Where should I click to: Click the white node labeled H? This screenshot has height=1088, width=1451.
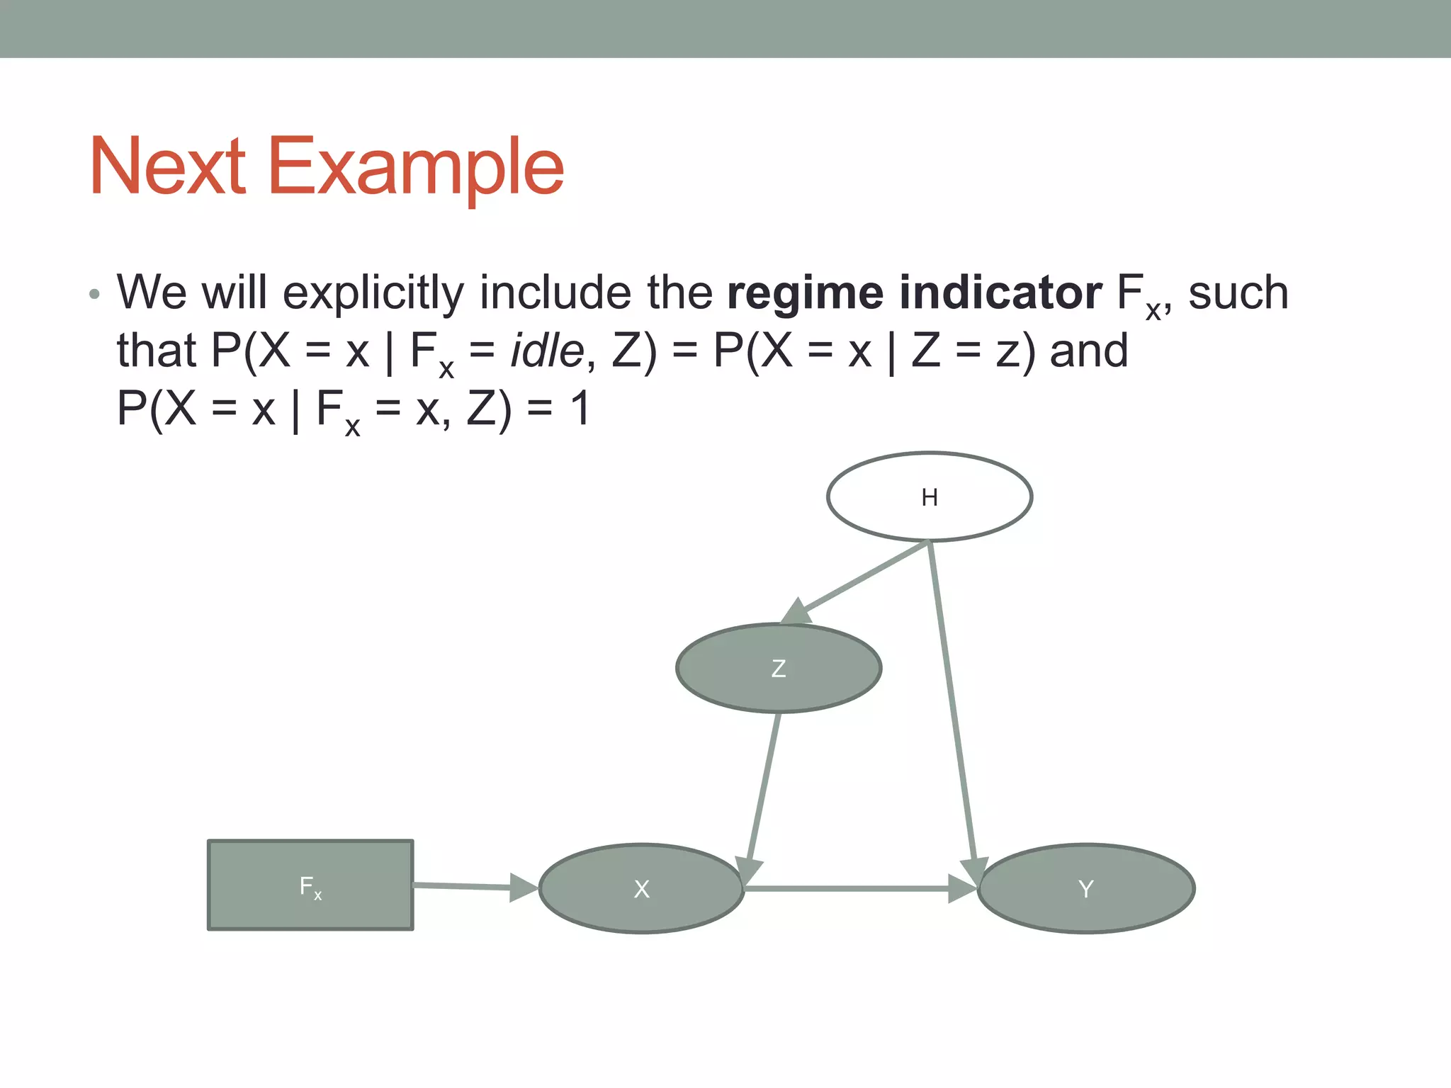(x=929, y=497)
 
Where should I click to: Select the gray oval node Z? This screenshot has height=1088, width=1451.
(x=778, y=668)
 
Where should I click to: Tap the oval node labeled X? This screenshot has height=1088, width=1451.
(x=641, y=888)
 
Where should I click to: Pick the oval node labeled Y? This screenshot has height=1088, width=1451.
(x=1085, y=888)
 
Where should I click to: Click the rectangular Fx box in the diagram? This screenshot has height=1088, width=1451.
(x=310, y=885)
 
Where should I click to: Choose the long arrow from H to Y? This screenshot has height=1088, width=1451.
(x=953, y=701)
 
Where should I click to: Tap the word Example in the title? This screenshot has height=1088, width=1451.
(x=416, y=169)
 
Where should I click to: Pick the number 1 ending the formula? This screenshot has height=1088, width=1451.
(x=580, y=409)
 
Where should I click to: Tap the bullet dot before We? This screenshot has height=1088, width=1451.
(x=95, y=294)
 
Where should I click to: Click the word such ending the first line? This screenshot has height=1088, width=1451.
(x=1238, y=293)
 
